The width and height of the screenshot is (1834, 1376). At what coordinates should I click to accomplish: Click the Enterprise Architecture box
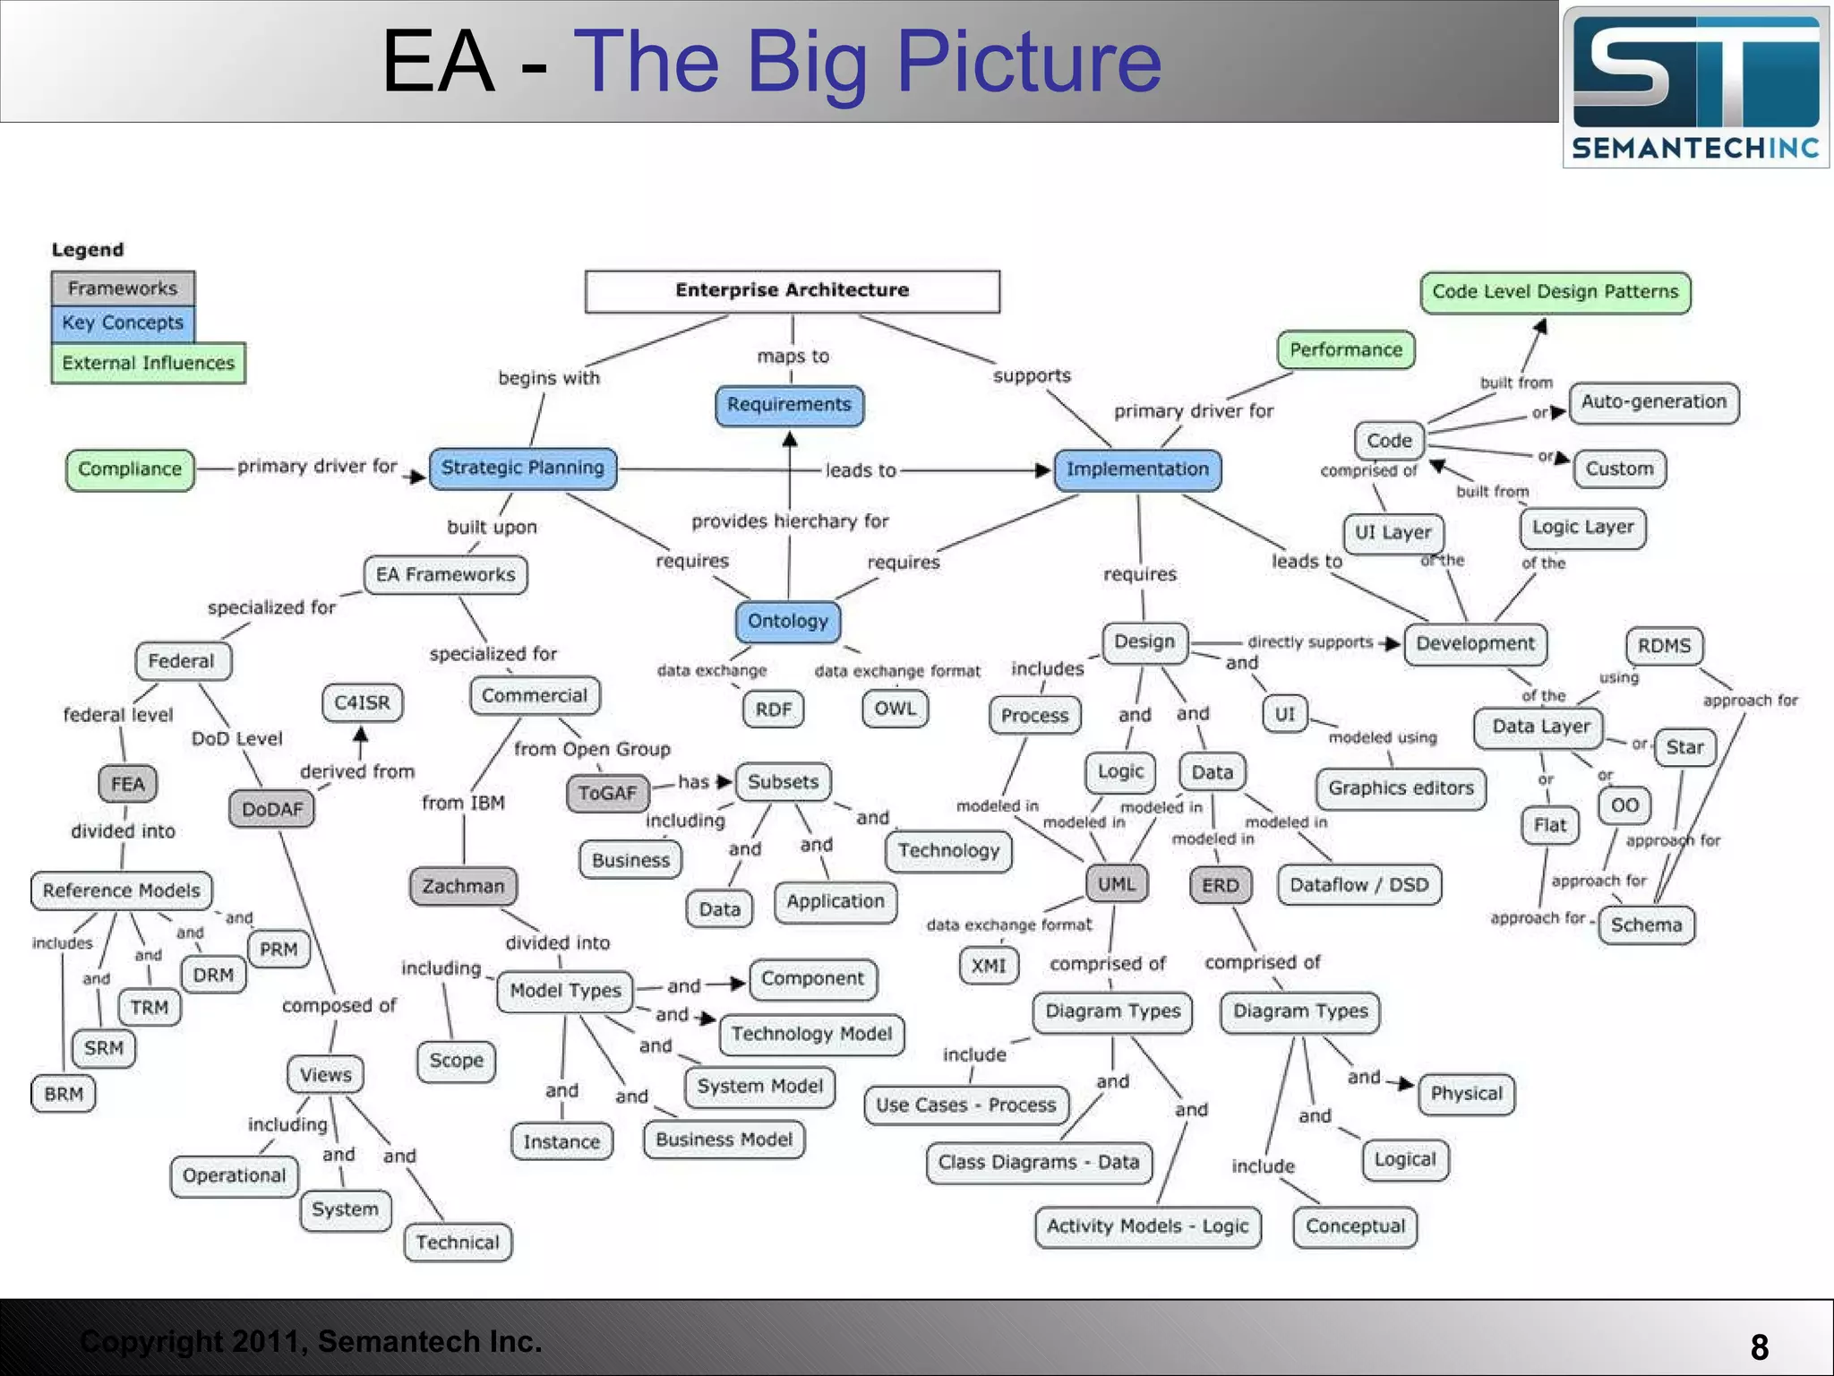pyautogui.click(x=792, y=291)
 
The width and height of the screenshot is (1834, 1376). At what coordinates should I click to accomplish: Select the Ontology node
pyautogui.click(x=788, y=621)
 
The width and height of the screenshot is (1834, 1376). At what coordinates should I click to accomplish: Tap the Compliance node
pyautogui.click(x=130, y=469)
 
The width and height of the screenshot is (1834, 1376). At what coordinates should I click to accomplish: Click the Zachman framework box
pyautogui.click(x=463, y=886)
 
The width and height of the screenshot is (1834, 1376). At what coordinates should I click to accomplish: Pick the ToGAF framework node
pyautogui.click(x=607, y=793)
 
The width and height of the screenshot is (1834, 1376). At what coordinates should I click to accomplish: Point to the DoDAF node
pyautogui.click(x=272, y=809)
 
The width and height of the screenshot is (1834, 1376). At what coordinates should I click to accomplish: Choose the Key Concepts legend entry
pyautogui.click(x=123, y=322)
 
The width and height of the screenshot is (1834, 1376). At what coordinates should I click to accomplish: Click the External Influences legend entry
pyautogui.click(x=148, y=363)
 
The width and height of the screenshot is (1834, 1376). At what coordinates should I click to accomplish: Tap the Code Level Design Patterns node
pyautogui.click(x=1555, y=292)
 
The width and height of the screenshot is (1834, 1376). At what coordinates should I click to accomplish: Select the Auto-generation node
pyautogui.click(x=1653, y=402)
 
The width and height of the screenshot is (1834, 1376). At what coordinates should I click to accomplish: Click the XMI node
pyautogui.click(x=989, y=966)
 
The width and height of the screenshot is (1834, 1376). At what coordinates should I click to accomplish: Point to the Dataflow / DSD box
pyautogui.click(x=1359, y=885)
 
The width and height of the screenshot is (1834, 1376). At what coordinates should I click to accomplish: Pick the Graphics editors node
pyautogui.click(x=1401, y=788)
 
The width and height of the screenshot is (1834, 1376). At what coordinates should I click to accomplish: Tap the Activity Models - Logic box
pyautogui.click(x=1147, y=1226)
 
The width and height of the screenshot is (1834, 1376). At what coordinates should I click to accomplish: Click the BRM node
pyautogui.click(x=64, y=1094)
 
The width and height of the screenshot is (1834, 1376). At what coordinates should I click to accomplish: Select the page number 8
pyautogui.click(x=1759, y=1347)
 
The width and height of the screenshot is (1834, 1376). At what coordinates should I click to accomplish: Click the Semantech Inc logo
pyautogui.click(x=1695, y=87)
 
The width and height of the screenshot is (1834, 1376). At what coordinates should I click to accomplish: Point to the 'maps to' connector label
pyautogui.click(x=793, y=357)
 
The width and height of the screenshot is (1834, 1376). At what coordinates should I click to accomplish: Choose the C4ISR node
pyautogui.click(x=362, y=702)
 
